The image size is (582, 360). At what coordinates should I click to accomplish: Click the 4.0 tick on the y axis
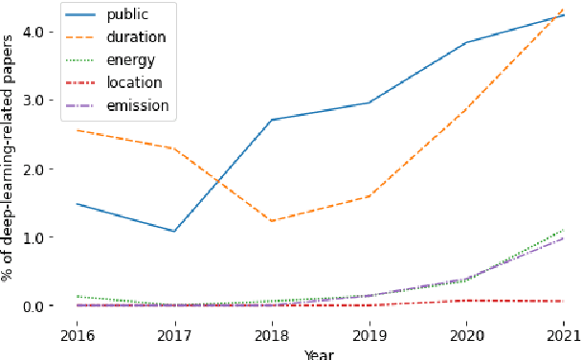click(35, 32)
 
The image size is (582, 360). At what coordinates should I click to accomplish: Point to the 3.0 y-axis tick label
click(35, 101)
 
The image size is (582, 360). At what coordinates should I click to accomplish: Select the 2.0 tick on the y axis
click(35, 169)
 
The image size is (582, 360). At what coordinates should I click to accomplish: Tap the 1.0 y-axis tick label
click(35, 237)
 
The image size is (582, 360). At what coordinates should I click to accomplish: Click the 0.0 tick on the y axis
click(35, 306)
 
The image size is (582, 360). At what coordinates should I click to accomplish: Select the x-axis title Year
click(319, 353)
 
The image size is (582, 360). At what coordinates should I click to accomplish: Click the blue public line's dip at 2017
click(174, 231)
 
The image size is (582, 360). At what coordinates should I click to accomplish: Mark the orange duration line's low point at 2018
click(272, 221)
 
